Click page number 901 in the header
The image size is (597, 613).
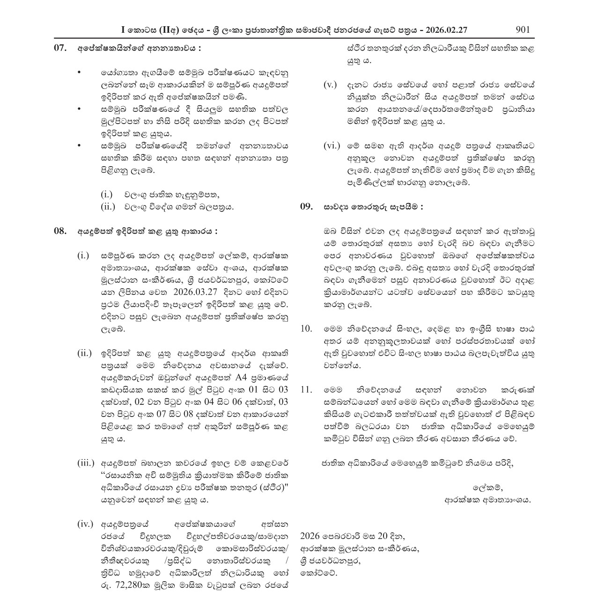click(x=522, y=29)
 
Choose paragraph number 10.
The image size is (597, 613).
click(x=306, y=328)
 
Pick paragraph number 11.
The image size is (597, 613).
click(x=306, y=389)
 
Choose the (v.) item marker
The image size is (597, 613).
click(x=330, y=85)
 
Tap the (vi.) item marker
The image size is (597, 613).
click(x=332, y=146)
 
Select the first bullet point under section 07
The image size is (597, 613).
click(x=79, y=73)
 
